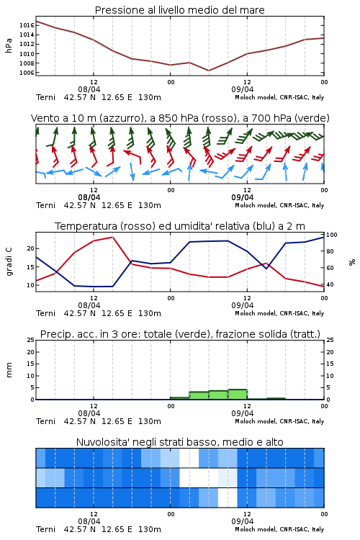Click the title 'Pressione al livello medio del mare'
(179, 10)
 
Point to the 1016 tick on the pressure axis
(27, 25)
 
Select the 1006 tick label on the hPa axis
(27, 73)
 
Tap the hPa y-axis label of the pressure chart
(9, 45)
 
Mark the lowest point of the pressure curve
(208, 71)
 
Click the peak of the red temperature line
(112, 237)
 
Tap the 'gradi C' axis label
(9, 261)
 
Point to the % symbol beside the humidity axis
(352, 262)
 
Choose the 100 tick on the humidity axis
(332, 235)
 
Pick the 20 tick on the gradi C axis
(30, 248)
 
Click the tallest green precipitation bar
(238, 395)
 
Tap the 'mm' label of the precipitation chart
(9, 369)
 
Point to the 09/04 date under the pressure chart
(243, 89)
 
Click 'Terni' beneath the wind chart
(45, 205)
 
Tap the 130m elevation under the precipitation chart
(150, 421)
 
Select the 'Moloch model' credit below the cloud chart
(256, 529)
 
